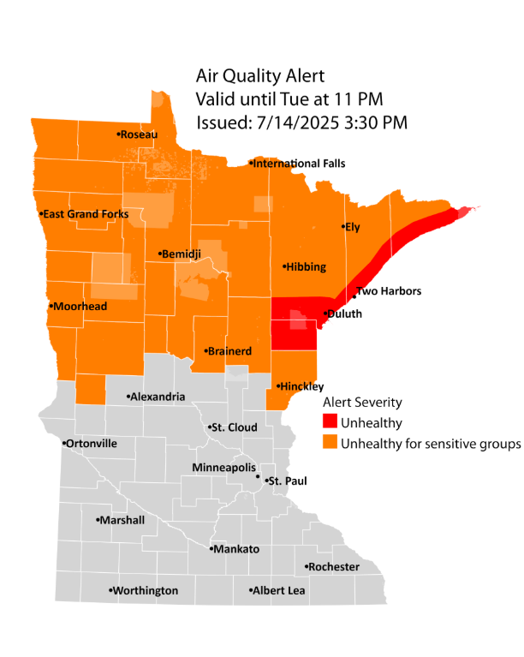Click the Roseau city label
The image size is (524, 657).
tap(137, 134)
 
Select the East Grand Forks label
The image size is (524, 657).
tap(86, 214)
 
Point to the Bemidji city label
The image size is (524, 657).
tap(182, 254)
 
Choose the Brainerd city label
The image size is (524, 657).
tap(229, 351)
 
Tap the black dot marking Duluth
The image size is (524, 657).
tap(323, 314)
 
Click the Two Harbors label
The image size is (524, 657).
tap(390, 291)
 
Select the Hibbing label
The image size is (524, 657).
tap(307, 267)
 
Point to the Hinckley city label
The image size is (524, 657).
tap(300, 387)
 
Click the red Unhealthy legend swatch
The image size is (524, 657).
tap(330, 422)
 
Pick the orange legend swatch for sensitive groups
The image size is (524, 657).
tap(330, 444)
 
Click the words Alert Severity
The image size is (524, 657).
tap(361, 402)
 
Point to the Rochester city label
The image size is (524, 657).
tap(335, 567)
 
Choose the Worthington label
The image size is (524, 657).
tap(146, 591)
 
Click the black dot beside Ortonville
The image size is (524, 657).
tap(65, 444)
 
